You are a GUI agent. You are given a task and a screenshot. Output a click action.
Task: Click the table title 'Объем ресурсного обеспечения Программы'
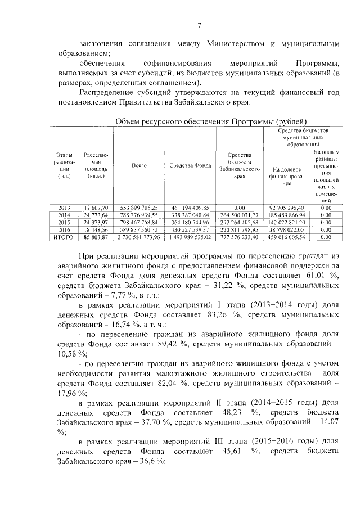tap(210, 121)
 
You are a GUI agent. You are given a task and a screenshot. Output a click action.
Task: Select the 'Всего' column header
tap(139, 166)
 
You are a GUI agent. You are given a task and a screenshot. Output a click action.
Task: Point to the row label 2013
tap(64, 208)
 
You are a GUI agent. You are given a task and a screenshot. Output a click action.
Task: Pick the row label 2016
tap(64, 229)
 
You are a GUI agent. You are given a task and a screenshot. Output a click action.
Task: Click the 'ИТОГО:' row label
tap(64, 237)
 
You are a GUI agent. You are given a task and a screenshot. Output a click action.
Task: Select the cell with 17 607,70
tap(96, 208)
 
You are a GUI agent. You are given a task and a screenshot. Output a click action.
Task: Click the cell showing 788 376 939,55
tap(139, 215)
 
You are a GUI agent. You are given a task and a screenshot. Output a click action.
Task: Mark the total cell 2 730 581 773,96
tap(139, 237)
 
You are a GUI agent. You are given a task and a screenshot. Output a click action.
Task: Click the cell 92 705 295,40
tap(287, 208)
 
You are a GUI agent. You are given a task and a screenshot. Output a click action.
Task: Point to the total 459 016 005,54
tap(287, 237)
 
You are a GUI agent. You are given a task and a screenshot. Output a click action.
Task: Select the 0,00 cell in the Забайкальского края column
tap(239, 208)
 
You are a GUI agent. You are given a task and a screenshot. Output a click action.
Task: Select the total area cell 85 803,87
tap(96, 237)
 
